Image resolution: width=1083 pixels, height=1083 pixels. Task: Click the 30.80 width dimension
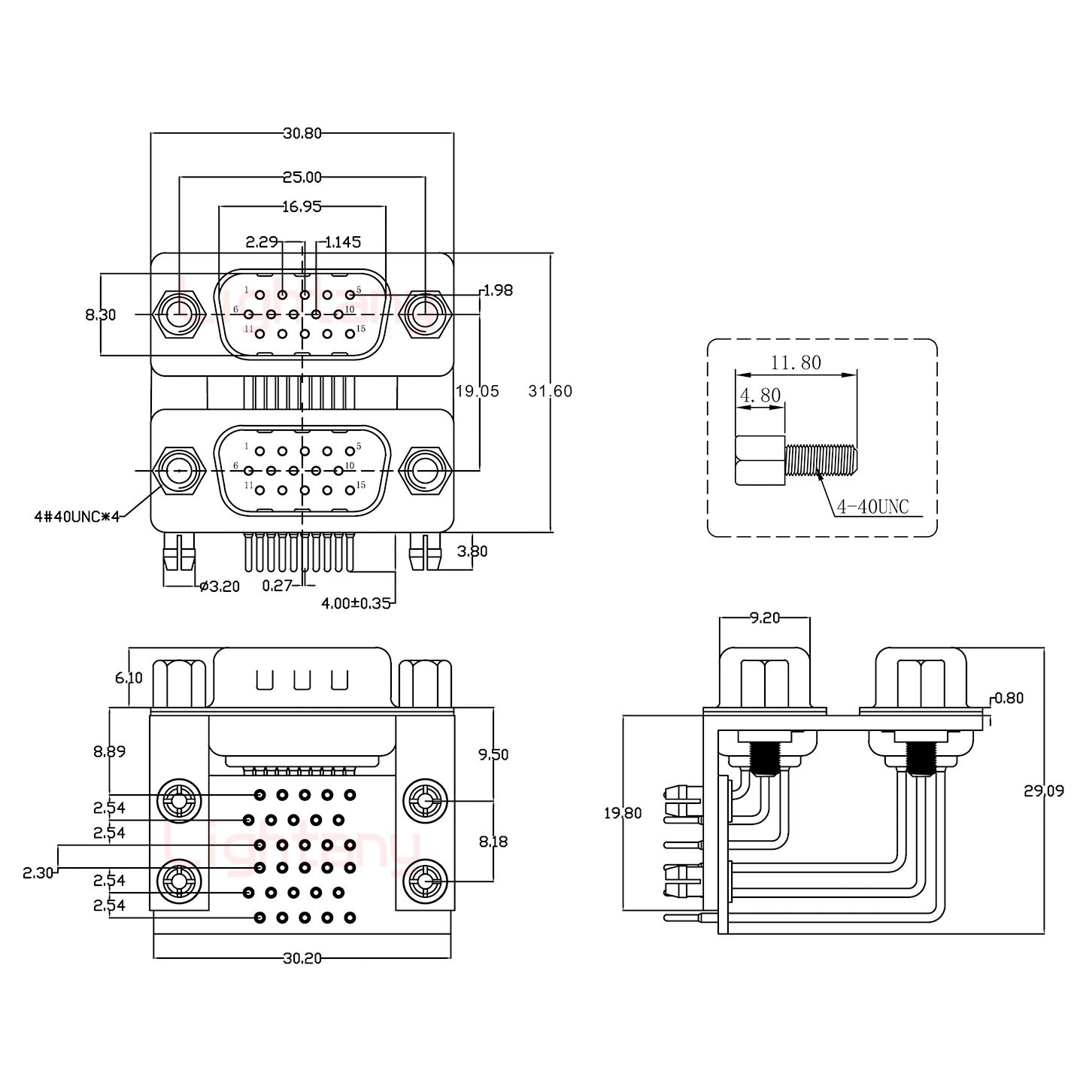[302, 133]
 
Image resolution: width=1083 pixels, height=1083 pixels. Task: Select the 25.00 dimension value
[302, 177]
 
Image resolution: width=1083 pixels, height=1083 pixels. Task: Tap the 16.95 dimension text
[302, 206]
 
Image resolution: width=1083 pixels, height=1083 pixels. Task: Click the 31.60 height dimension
[550, 391]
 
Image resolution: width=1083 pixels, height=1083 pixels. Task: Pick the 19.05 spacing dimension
[477, 391]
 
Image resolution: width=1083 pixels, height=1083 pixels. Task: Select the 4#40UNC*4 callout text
[77, 516]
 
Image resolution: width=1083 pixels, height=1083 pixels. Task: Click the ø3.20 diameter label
[220, 586]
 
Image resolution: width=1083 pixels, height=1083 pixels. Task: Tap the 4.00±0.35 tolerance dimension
[356, 602]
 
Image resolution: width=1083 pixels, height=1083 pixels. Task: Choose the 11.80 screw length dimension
[796, 363]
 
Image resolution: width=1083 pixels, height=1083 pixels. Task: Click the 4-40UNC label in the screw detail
[872, 508]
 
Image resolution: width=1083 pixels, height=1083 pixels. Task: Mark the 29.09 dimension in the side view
[1043, 790]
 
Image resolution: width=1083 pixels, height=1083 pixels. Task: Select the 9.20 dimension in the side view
[764, 618]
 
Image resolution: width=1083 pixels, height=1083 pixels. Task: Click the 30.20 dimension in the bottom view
[302, 958]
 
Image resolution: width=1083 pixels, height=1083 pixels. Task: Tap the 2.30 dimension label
[38, 873]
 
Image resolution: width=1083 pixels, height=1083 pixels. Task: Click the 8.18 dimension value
[493, 842]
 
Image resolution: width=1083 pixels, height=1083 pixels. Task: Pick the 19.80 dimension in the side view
[623, 813]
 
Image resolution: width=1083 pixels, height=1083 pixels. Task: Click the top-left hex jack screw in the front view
[179, 313]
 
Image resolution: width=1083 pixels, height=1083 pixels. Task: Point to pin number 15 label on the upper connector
[361, 329]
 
